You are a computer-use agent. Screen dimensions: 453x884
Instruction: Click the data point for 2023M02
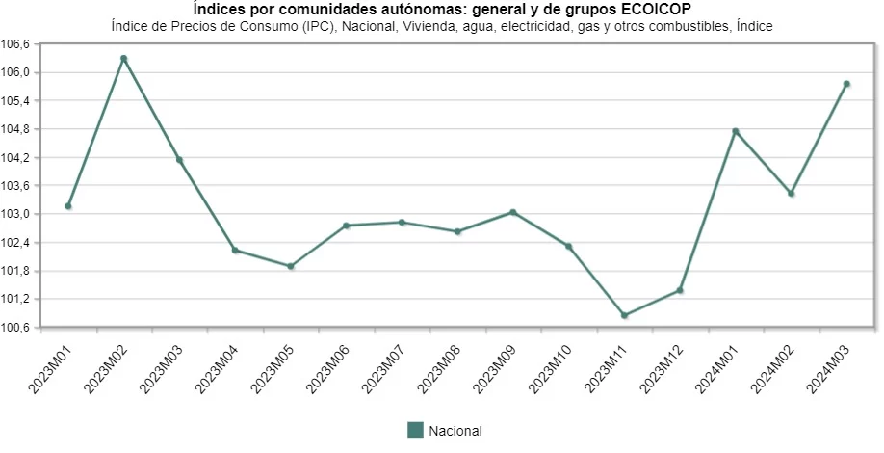[123, 59]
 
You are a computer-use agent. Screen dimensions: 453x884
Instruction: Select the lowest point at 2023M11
[624, 315]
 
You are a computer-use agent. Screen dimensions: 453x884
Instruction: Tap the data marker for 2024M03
[846, 84]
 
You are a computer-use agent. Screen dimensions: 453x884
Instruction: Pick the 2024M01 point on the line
[736, 131]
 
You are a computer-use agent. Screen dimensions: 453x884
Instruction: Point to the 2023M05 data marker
[291, 266]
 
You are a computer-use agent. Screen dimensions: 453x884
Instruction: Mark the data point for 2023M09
[513, 212]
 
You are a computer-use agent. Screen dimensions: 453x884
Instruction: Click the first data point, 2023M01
[68, 206]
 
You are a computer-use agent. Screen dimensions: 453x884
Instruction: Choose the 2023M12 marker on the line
[680, 290]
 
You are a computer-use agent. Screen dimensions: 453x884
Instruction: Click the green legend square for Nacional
[415, 430]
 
